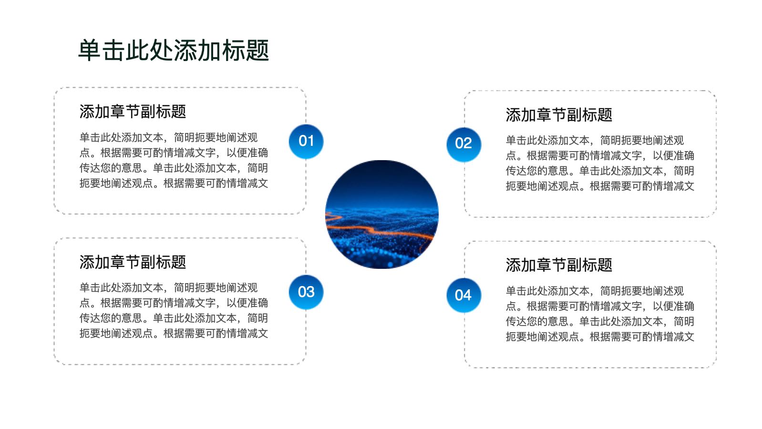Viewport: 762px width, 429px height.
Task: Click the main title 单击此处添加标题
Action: pyautogui.click(x=174, y=51)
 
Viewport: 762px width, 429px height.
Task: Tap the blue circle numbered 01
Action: pyautogui.click(x=306, y=142)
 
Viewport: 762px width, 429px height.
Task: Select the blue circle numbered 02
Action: pyautogui.click(x=463, y=144)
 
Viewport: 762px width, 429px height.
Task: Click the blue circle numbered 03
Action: pyautogui.click(x=306, y=292)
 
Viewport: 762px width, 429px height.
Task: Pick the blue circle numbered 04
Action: pyautogui.click(x=463, y=295)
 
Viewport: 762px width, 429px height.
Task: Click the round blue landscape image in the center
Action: pyautogui.click(x=381, y=214)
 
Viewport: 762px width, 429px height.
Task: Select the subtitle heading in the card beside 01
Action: pyautogui.click(x=133, y=112)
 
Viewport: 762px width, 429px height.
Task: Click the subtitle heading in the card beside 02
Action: pyautogui.click(x=559, y=114)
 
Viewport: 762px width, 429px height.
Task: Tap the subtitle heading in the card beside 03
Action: pyautogui.click(x=133, y=262)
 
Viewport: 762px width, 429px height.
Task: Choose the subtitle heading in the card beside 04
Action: pyautogui.click(x=559, y=265)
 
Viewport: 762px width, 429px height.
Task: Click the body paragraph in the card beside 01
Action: pyautogui.click(x=174, y=160)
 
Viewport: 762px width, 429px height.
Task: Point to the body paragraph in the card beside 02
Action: pyautogui.click(x=600, y=163)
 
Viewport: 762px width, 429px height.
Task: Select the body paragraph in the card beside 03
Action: pyautogui.click(x=174, y=310)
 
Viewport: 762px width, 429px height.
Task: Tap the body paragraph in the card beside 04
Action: pyautogui.click(x=600, y=314)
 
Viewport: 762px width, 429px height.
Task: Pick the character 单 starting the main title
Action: pyautogui.click(x=90, y=51)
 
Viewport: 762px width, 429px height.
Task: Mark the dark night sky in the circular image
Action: pyautogui.click(x=381, y=180)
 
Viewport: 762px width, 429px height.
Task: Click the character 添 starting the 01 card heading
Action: pyautogui.click(x=87, y=112)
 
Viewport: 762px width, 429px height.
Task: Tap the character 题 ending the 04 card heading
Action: pyautogui.click(x=605, y=265)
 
